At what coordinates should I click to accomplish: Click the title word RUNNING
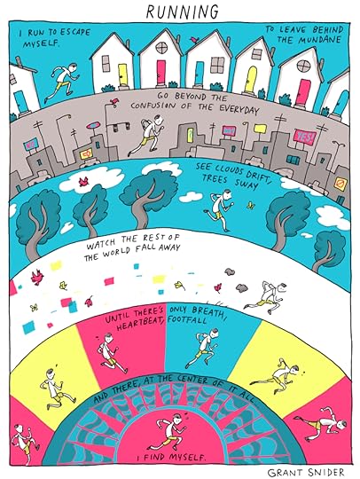(183, 12)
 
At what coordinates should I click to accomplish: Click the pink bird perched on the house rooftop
(193, 39)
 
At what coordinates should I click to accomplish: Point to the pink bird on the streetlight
(114, 101)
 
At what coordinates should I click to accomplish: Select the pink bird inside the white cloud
(83, 182)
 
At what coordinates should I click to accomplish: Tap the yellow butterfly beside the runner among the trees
(251, 205)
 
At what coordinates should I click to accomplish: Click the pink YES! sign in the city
(304, 137)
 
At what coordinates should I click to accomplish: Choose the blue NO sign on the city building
(31, 145)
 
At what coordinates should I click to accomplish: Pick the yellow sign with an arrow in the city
(87, 153)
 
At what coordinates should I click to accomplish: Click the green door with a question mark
(190, 135)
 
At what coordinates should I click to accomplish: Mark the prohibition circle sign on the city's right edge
(340, 185)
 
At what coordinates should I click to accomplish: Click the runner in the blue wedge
(202, 348)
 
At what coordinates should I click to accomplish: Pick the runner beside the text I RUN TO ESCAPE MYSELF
(62, 82)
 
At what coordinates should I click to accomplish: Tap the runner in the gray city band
(147, 135)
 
